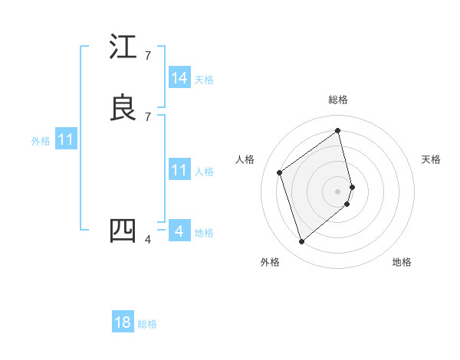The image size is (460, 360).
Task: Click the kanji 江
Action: pyautogui.click(x=123, y=47)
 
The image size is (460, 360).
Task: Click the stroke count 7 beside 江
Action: pyautogui.click(x=148, y=55)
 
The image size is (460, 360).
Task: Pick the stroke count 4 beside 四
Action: pyautogui.click(x=148, y=239)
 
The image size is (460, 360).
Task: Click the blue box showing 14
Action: pyautogui.click(x=179, y=78)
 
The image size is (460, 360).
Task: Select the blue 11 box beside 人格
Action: pyautogui.click(x=179, y=170)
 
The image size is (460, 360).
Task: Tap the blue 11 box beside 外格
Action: pyautogui.click(x=67, y=140)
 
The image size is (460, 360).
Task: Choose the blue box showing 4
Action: pyautogui.click(x=179, y=231)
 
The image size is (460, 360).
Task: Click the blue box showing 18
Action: pyautogui.click(x=123, y=322)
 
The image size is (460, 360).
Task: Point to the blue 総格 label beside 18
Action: pyautogui.click(x=147, y=324)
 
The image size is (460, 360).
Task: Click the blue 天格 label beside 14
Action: pyautogui.click(x=204, y=80)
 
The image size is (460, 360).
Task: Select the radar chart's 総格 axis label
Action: pyautogui.click(x=338, y=100)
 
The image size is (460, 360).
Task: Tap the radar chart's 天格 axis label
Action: pyautogui.click(x=431, y=159)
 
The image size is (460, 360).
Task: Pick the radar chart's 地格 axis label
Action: pyautogui.click(x=402, y=262)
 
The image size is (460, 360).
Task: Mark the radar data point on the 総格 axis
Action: pyautogui.click(x=338, y=130)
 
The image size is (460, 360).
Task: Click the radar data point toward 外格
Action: pyautogui.click(x=301, y=242)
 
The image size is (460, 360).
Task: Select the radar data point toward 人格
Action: pyautogui.click(x=280, y=172)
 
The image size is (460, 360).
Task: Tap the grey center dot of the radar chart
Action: pyautogui.click(x=338, y=191)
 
